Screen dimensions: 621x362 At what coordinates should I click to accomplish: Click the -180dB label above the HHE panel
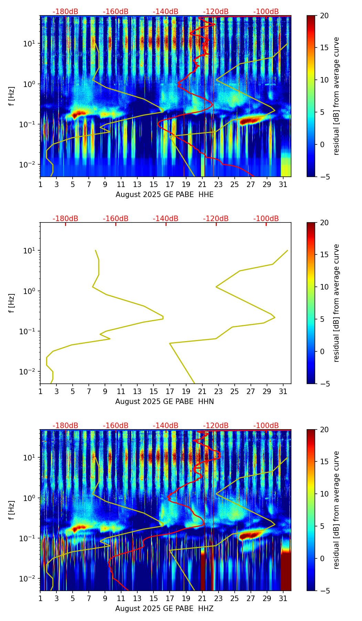point(65,12)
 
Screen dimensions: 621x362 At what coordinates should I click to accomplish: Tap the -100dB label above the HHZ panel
point(266,426)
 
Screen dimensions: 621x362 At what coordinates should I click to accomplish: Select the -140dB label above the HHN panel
point(166,219)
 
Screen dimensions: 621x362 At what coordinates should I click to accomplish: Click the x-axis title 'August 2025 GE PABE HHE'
point(164,195)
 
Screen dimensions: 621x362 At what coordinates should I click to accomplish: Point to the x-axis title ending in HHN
point(164,402)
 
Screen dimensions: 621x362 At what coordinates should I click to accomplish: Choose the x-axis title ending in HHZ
point(164,609)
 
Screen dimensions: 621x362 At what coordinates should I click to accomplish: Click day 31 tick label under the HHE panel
point(283,185)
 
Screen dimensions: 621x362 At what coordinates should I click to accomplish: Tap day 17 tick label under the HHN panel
point(170,392)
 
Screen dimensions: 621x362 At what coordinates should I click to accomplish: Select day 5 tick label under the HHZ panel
point(73,599)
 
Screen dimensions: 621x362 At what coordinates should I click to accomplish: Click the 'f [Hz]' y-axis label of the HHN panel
point(12,303)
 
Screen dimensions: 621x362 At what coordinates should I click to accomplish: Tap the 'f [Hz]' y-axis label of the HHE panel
point(12,96)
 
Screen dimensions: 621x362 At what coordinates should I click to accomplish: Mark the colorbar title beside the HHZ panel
point(336,510)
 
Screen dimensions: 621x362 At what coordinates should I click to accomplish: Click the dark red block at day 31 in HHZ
point(286,571)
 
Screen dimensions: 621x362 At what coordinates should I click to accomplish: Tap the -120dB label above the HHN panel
point(216,219)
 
